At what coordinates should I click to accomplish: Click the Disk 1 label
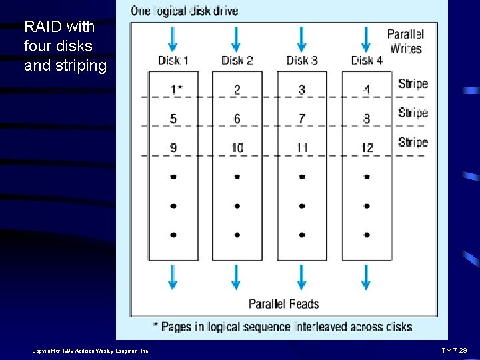(x=173, y=61)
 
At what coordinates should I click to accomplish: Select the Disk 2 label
(x=237, y=61)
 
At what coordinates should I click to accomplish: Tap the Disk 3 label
(x=302, y=61)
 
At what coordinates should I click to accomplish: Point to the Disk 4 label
(x=367, y=61)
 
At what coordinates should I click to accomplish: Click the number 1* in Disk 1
(x=174, y=89)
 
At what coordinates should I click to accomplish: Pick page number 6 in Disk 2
(x=237, y=119)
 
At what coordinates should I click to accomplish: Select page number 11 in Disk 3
(x=302, y=147)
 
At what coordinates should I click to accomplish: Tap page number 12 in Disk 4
(x=367, y=147)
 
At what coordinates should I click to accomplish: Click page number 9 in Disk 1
(x=173, y=147)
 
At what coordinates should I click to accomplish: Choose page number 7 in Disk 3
(x=302, y=119)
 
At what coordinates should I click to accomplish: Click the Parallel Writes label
(x=405, y=41)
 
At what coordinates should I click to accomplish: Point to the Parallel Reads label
(x=284, y=304)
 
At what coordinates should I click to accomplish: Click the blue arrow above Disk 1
(x=173, y=39)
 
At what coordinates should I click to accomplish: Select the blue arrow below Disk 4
(x=366, y=276)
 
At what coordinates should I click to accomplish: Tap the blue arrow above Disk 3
(x=301, y=39)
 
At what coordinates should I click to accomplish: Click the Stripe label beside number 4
(x=413, y=84)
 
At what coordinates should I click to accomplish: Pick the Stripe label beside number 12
(x=413, y=142)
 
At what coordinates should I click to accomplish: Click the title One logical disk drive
(x=185, y=11)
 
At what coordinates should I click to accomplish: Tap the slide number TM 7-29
(x=459, y=350)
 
